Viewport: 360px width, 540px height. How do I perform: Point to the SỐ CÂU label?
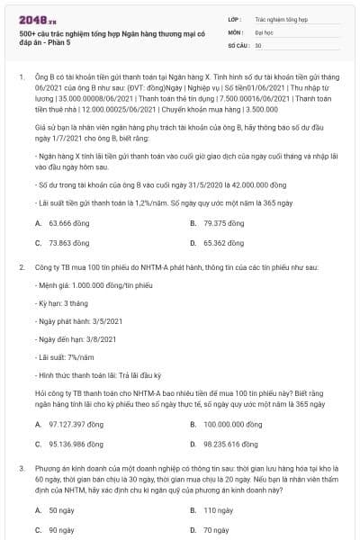click(238, 44)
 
